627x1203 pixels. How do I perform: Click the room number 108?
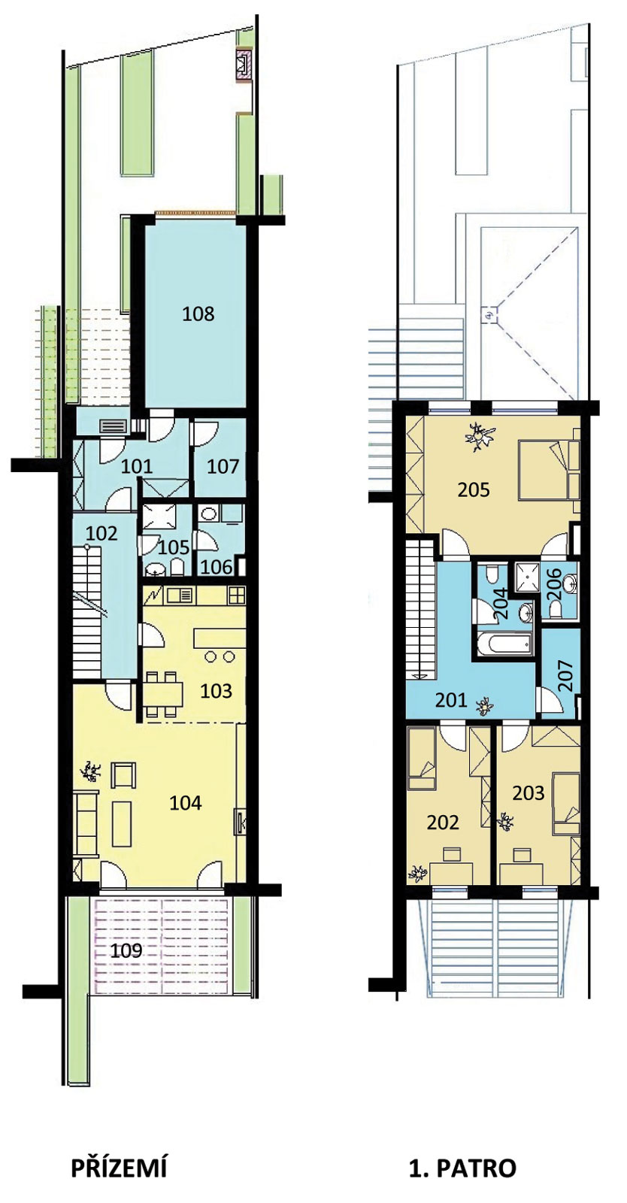click(198, 314)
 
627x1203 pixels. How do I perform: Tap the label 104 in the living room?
click(185, 803)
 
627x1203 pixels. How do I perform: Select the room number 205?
click(474, 489)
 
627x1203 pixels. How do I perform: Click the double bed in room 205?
click(549, 470)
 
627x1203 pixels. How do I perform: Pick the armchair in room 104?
click(123, 775)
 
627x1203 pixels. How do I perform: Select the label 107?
click(223, 466)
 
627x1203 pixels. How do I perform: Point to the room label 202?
click(443, 823)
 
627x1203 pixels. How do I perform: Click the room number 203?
click(529, 792)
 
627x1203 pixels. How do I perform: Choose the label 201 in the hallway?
click(451, 700)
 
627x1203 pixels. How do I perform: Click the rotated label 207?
click(566, 676)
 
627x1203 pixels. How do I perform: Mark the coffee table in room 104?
click(123, 823)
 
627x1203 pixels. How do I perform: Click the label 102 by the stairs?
click(101, 533)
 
